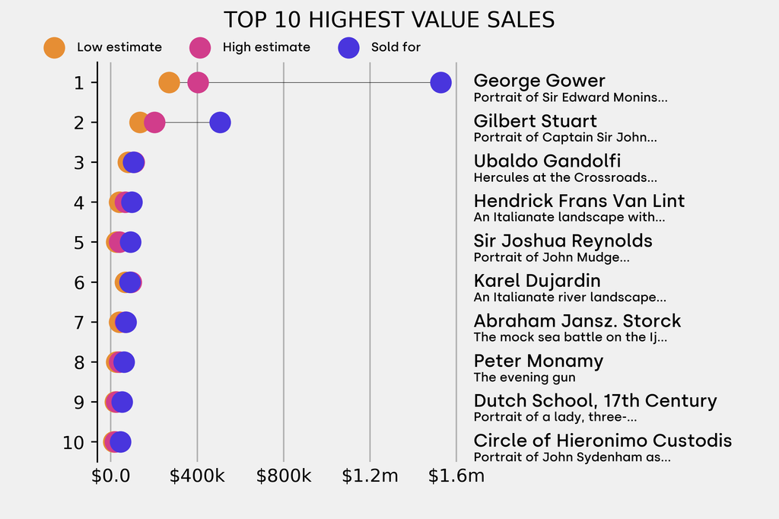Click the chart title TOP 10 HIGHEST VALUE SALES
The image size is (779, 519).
(389, 20)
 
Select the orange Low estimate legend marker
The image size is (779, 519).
(54, 47)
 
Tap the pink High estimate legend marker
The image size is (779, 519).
(200, 47)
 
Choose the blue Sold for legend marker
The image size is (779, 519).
(348, 47)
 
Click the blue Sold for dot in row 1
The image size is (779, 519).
(440, 82)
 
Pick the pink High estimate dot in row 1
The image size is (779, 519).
(198, 82)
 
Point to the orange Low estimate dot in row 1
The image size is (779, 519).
(169, 82)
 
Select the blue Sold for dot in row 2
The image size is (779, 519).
(220, 122)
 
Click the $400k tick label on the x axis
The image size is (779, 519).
(197, 476)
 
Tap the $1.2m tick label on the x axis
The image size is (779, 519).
(370, 476)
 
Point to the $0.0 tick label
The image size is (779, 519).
(111, 476)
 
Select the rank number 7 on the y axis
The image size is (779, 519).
(79, 322)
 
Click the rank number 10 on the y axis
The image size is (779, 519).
(74, 442)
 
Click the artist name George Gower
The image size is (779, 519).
(539, 81)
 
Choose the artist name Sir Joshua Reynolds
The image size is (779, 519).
(563, 240)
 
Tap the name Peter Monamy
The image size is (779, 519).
(538, 361)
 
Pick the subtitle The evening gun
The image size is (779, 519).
(524, 377)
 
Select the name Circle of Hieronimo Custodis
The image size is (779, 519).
(603, 441)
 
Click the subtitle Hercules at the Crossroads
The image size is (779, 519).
(565, 177)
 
